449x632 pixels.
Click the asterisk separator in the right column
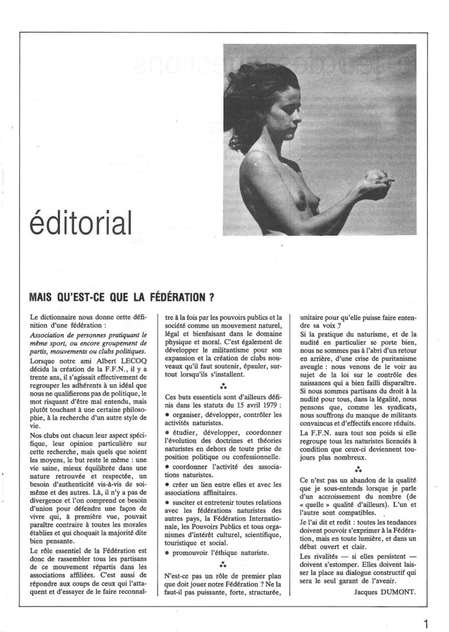coord(357,470)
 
